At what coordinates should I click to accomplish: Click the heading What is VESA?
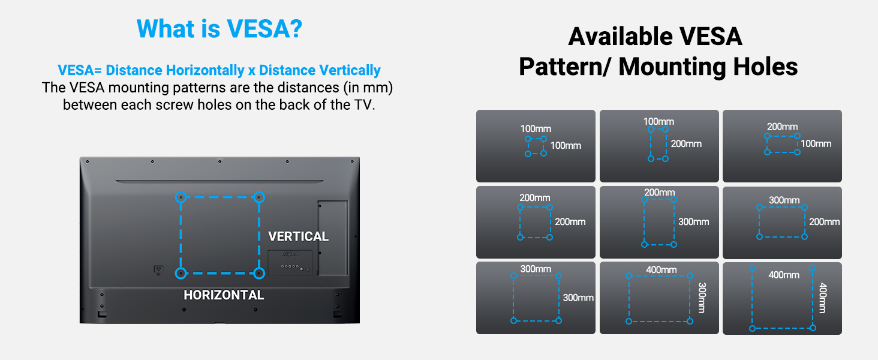click(219, 29)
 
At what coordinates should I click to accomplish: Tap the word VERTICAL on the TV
click(298, 236)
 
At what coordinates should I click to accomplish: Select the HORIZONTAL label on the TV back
click(224, 295)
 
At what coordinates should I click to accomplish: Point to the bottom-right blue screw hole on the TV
click(258, 273)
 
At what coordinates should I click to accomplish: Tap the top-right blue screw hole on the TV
click(258, 197)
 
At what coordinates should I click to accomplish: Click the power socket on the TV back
click(158, 270)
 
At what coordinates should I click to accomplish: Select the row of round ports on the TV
click(290, 265)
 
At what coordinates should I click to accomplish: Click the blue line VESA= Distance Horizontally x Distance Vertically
click(219, 70)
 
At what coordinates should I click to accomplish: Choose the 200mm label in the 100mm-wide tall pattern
click(686, 144)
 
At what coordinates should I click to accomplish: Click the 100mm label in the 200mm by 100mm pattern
click(816, 144)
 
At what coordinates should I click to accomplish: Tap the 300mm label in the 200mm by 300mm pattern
click(693, 222)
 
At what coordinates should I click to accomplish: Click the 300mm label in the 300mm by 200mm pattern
click(784, 200)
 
